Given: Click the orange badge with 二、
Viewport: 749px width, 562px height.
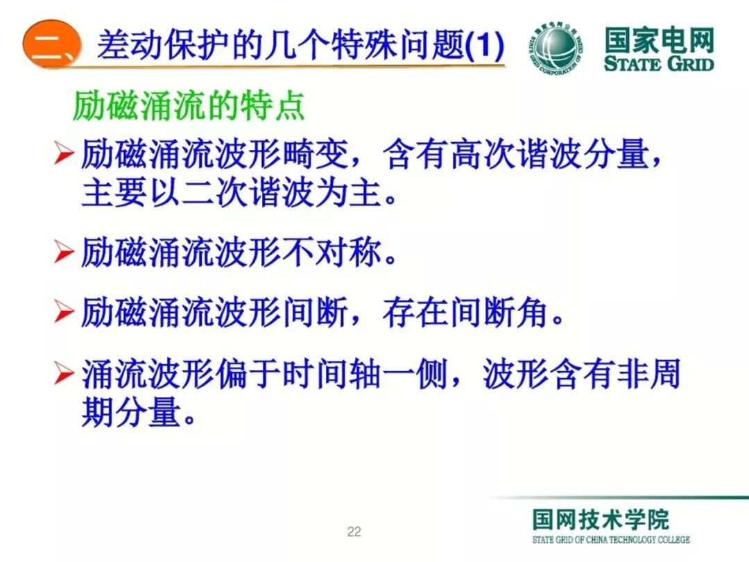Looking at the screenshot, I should tap(52, 46).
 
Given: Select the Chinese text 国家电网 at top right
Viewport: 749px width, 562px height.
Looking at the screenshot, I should tap(658, 40).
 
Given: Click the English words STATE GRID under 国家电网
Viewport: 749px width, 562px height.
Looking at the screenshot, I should tap(658, 64).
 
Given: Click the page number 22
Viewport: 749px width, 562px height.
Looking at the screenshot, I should tap(354, 532).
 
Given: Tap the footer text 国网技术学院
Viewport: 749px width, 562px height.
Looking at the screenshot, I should tap(601, 519).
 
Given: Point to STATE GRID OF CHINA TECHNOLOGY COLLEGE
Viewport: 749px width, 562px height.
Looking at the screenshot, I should tap(611, 540).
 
